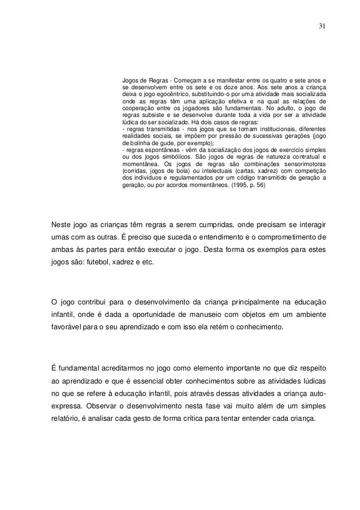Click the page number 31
(x=321, y=26)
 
